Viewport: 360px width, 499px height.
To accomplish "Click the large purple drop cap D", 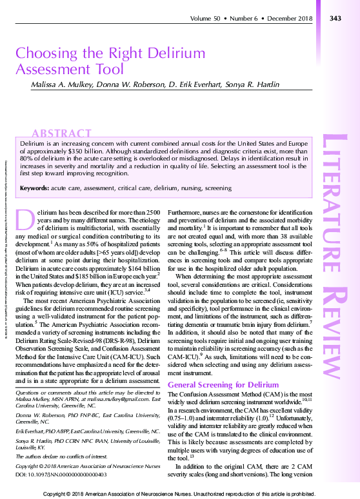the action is pos(25,220).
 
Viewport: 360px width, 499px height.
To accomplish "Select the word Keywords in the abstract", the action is pos(34,188).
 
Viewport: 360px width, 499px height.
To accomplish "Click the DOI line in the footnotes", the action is pos(61,474).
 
